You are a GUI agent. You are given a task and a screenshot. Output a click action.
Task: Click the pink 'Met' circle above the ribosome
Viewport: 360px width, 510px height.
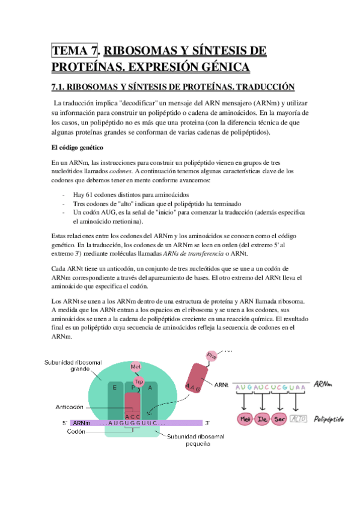click(x=135, y=366)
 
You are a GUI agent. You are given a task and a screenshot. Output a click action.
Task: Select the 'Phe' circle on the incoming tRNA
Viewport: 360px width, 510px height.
click(x=211, y=355)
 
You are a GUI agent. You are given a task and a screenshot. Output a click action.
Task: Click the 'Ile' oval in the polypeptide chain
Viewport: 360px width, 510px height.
click(x=262, y=419)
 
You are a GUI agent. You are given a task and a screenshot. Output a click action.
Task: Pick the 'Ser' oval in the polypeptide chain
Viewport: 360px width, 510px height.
click(x=279, y=419)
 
